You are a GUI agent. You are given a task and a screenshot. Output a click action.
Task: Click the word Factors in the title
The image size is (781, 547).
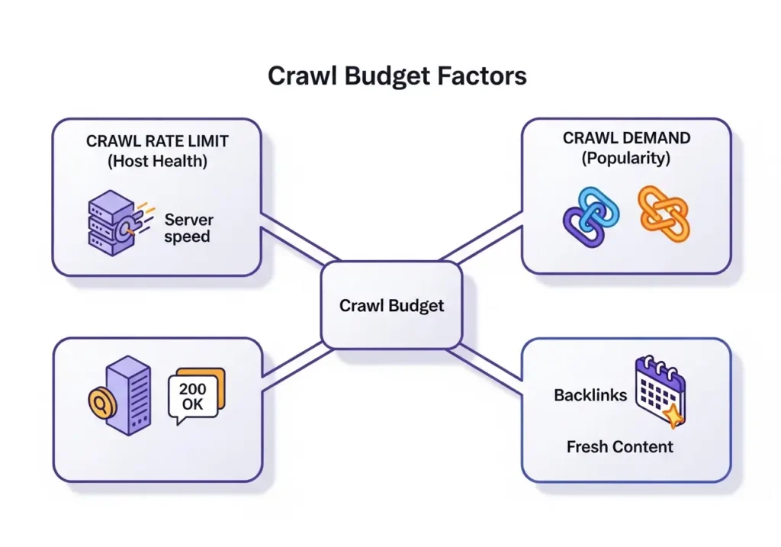click(482, 76)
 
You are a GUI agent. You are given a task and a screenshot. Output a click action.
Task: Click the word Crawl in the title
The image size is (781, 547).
click(301, 76)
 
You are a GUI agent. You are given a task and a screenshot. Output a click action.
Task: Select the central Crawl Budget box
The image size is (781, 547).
click(392, 305)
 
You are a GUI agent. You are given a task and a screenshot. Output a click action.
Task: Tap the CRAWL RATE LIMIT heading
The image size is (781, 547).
click(157, 141)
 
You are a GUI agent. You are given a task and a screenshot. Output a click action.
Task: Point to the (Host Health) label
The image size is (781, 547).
click(157, 161)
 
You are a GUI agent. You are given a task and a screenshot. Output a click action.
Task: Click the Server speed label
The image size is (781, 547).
click(188, 227)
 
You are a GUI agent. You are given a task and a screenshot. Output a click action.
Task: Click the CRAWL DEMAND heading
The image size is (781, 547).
click(627, 138)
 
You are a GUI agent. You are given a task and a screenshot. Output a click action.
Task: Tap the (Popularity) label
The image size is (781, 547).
click(626, 158)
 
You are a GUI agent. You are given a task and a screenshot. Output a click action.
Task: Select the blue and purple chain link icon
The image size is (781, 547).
click(591, 217)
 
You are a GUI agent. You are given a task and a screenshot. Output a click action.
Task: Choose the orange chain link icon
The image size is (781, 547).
click(664, 214)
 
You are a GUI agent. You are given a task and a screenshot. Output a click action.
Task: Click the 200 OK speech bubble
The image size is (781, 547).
click(196, 396)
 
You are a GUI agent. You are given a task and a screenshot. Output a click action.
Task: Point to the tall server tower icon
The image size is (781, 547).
click(128, 395)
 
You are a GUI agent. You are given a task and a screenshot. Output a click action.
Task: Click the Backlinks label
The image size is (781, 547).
click(590, 395)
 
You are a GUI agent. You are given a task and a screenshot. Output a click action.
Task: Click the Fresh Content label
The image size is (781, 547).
click(619, 447)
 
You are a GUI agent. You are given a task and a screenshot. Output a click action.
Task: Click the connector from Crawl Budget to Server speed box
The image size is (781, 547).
click(299, 239)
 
